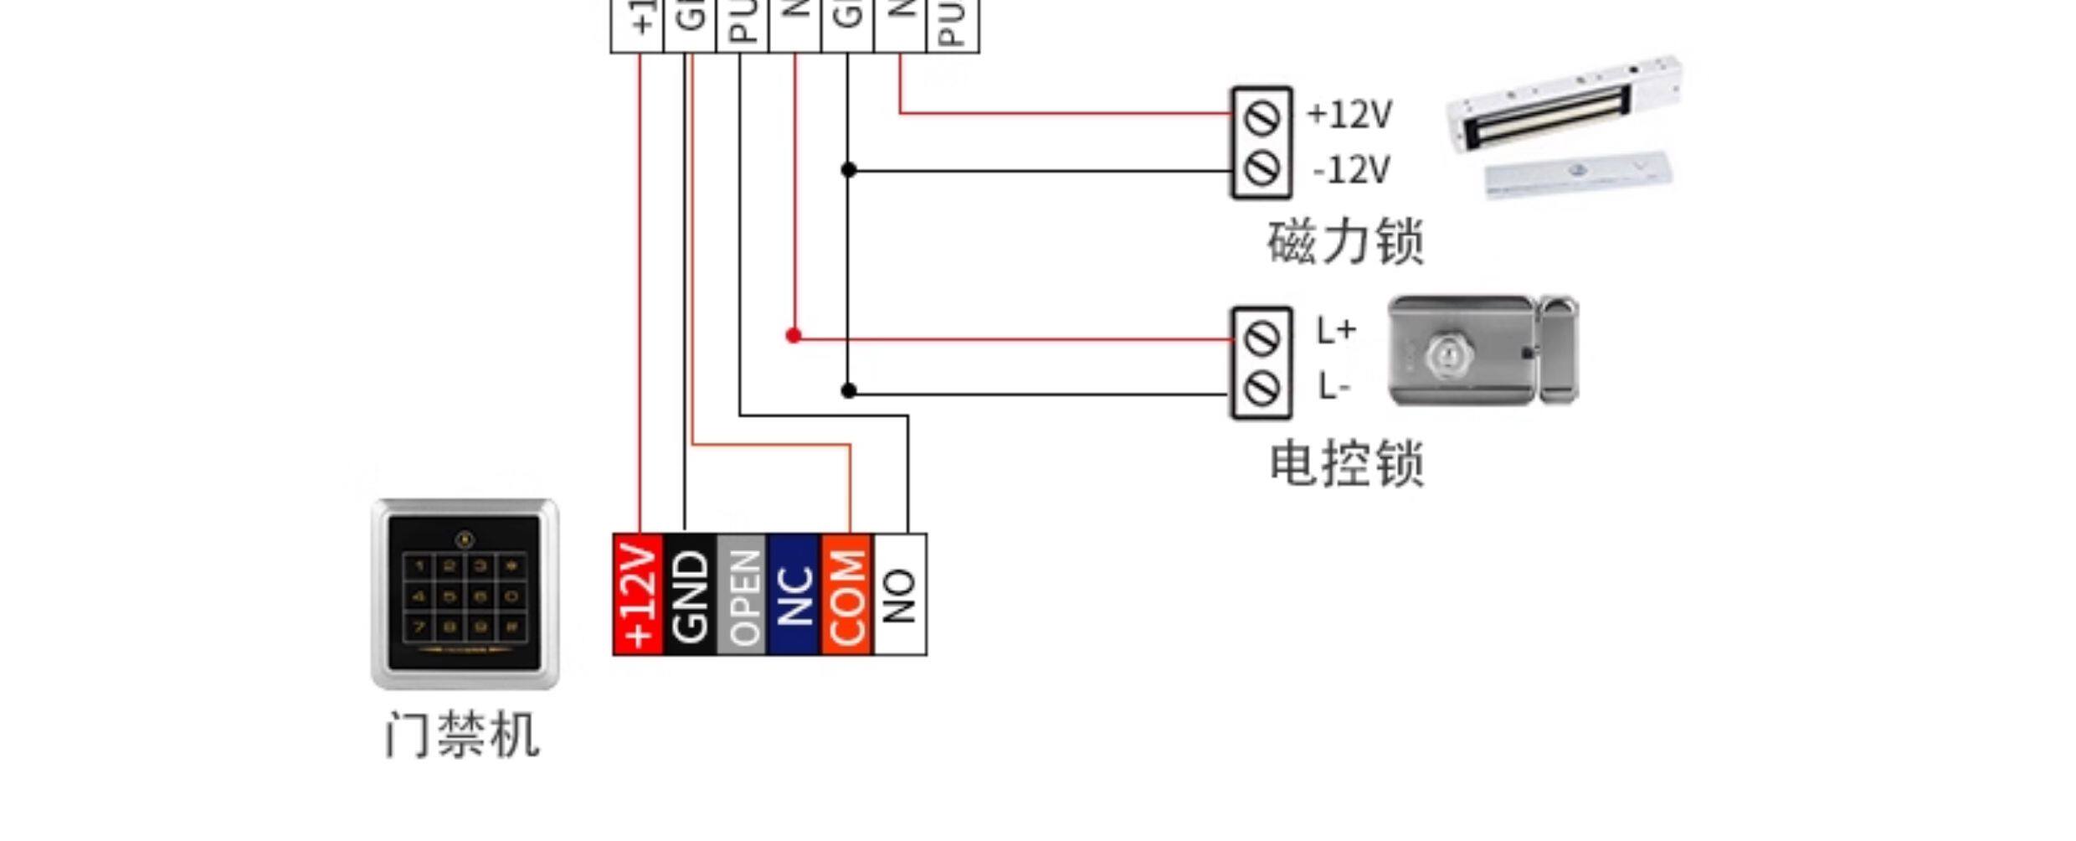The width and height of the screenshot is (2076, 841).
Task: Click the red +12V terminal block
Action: click(639, 595)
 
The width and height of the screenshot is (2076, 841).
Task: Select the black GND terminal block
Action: click(690, 595)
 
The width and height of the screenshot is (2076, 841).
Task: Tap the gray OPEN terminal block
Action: click(743, 595)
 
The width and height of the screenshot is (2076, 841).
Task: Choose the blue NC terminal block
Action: click(794, 595)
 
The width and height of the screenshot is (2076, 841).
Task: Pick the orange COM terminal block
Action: click(847, 595)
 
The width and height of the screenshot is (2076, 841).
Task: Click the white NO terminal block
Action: click(900, 595)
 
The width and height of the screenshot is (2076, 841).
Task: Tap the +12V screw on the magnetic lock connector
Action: click(1262, 116)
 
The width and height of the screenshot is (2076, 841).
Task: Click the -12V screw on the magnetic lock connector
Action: click(1262, 169)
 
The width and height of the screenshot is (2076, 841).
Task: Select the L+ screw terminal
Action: click(1262, 338)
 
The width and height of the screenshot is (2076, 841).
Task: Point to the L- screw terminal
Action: click(1262, 389)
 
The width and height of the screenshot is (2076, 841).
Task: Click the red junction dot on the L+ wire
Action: click(794, 336)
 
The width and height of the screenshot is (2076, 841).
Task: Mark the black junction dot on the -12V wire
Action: click(848, 170)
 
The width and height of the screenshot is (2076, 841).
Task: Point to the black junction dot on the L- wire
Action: click(848, 390)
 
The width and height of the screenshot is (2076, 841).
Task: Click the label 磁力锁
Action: click(1345, 242)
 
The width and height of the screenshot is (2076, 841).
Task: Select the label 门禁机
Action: click(462, 735)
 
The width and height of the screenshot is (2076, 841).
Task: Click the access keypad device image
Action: click(465, 594)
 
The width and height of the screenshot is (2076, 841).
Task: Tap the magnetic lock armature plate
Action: click(1578, 177)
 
